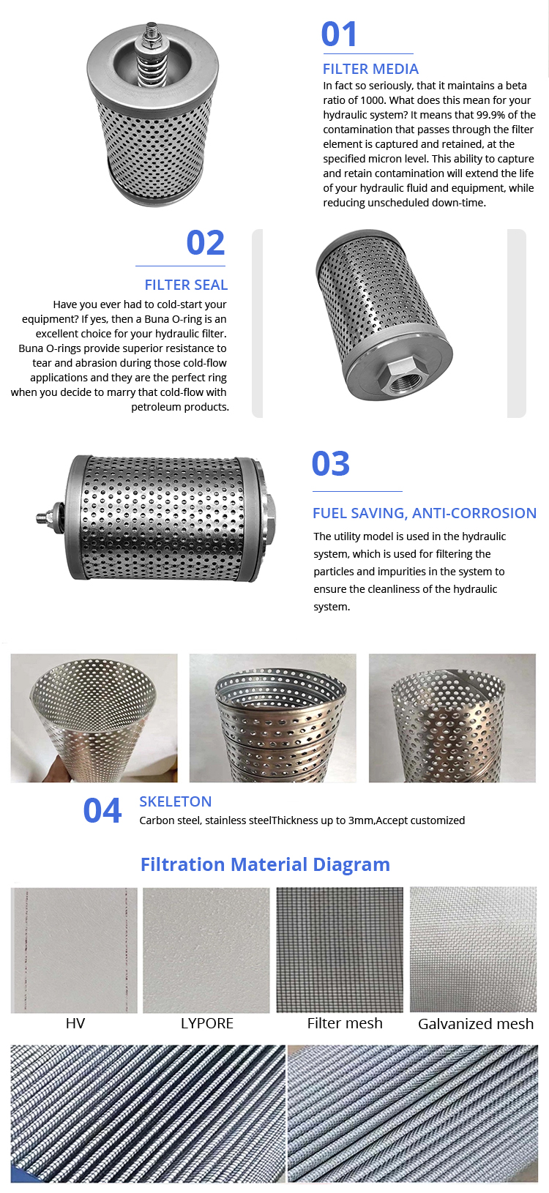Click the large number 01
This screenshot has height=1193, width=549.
tap(339, 34)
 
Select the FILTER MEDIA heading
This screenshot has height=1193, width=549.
tap(370, 70)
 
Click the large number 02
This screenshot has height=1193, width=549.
tap(206, 243)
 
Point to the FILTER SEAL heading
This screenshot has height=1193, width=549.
tap(187, 285)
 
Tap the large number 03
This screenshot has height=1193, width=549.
tap(331, 463)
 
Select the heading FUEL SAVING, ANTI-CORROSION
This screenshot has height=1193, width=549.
tap(425, 513)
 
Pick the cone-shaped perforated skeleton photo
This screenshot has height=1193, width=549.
tap(94, 718)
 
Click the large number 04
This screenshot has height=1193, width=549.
tap(102, 811)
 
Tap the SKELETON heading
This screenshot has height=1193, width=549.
tap(175, 801)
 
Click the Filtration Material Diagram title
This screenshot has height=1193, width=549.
tap(265, 864)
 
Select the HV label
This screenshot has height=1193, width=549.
tap(75, 1023)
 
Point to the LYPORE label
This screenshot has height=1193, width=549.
tap(206, 1023)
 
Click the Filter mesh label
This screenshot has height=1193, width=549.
tap(345, 1023)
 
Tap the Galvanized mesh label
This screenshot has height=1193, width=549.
tap(476, 1024)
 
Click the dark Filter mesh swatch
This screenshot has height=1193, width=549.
tap(340, 949)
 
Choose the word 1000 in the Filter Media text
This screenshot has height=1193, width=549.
tap(373, 100)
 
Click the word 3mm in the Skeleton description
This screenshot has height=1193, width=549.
tap(360, 820)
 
